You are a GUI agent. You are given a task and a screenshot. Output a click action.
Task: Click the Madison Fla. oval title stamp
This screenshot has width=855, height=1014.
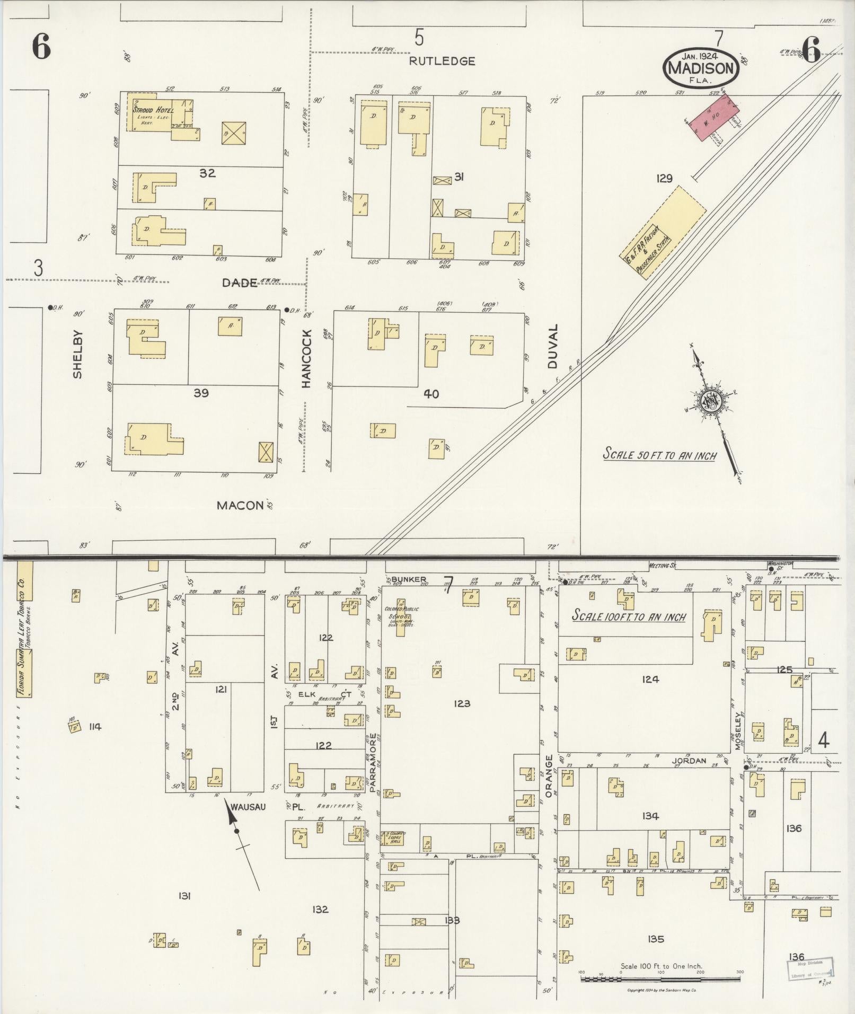(700, 67)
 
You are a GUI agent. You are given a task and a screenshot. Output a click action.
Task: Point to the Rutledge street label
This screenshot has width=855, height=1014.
(442, 61)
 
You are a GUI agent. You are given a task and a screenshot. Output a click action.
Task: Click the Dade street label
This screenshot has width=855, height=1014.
(240, 283)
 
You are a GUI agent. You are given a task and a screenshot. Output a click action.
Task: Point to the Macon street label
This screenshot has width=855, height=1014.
(240, 505)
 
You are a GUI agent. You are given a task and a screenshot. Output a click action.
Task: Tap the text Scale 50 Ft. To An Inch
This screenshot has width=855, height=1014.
(660, 455)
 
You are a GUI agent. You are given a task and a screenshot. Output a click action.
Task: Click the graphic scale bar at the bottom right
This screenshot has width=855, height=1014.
(660, 978)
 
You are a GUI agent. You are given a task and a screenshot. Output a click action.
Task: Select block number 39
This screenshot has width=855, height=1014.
(201, 393)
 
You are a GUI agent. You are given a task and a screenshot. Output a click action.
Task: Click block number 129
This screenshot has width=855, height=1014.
(664, 179)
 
